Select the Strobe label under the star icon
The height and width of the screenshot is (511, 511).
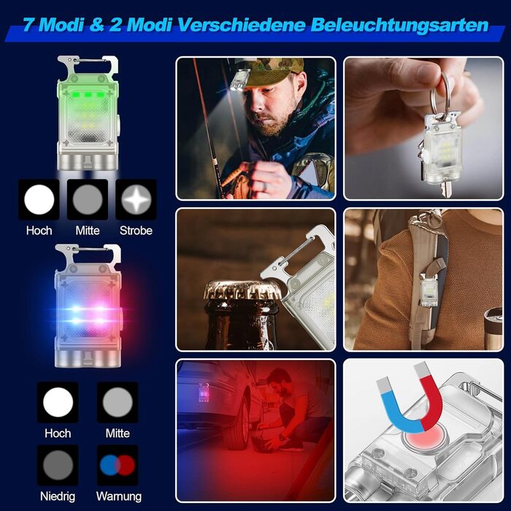coord(136,231)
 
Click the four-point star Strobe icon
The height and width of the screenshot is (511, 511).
coord(137,199)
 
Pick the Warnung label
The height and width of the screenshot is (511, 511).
coord(119,496)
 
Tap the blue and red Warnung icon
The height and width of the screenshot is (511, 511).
coord(118,465)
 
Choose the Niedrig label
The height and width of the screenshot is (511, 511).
coord(58,496)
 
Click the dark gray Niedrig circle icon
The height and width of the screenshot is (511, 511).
coord(58,465)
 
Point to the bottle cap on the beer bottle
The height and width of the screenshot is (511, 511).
coord(242,290)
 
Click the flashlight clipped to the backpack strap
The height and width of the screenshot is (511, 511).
coord(429,290)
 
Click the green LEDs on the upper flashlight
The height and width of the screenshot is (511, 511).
coord(88,95)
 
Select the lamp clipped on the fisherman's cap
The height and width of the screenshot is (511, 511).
coord(239,80)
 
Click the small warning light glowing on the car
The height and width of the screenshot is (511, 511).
coord(204,393)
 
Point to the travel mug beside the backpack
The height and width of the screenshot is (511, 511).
coord(493,328)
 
